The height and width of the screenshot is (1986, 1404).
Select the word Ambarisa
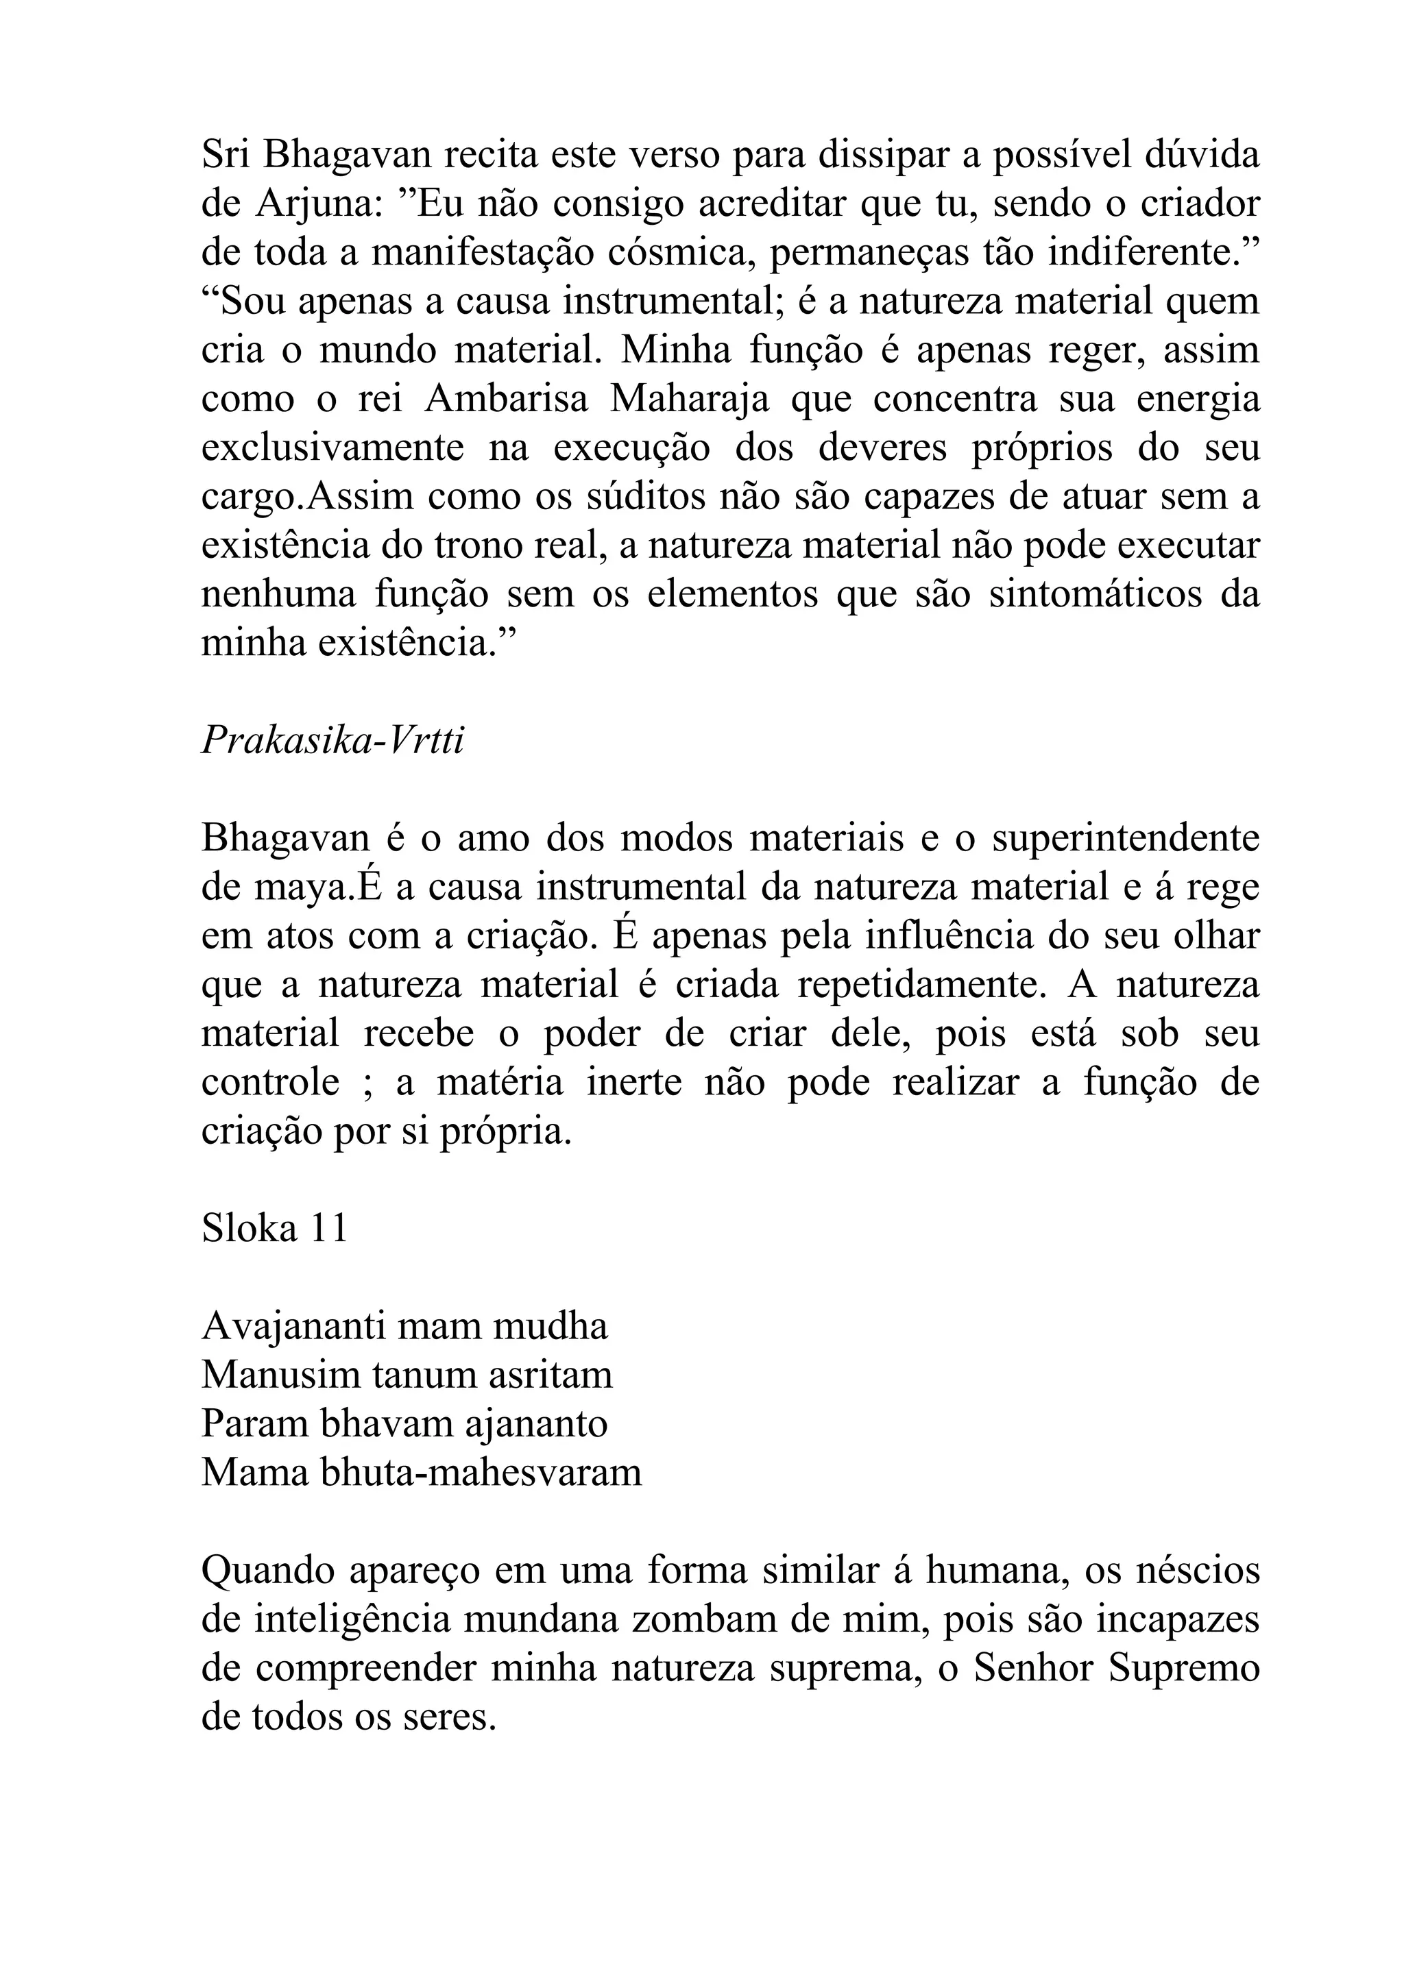(x=506, y=400)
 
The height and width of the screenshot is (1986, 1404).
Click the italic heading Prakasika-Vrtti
(x=333, y=741)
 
